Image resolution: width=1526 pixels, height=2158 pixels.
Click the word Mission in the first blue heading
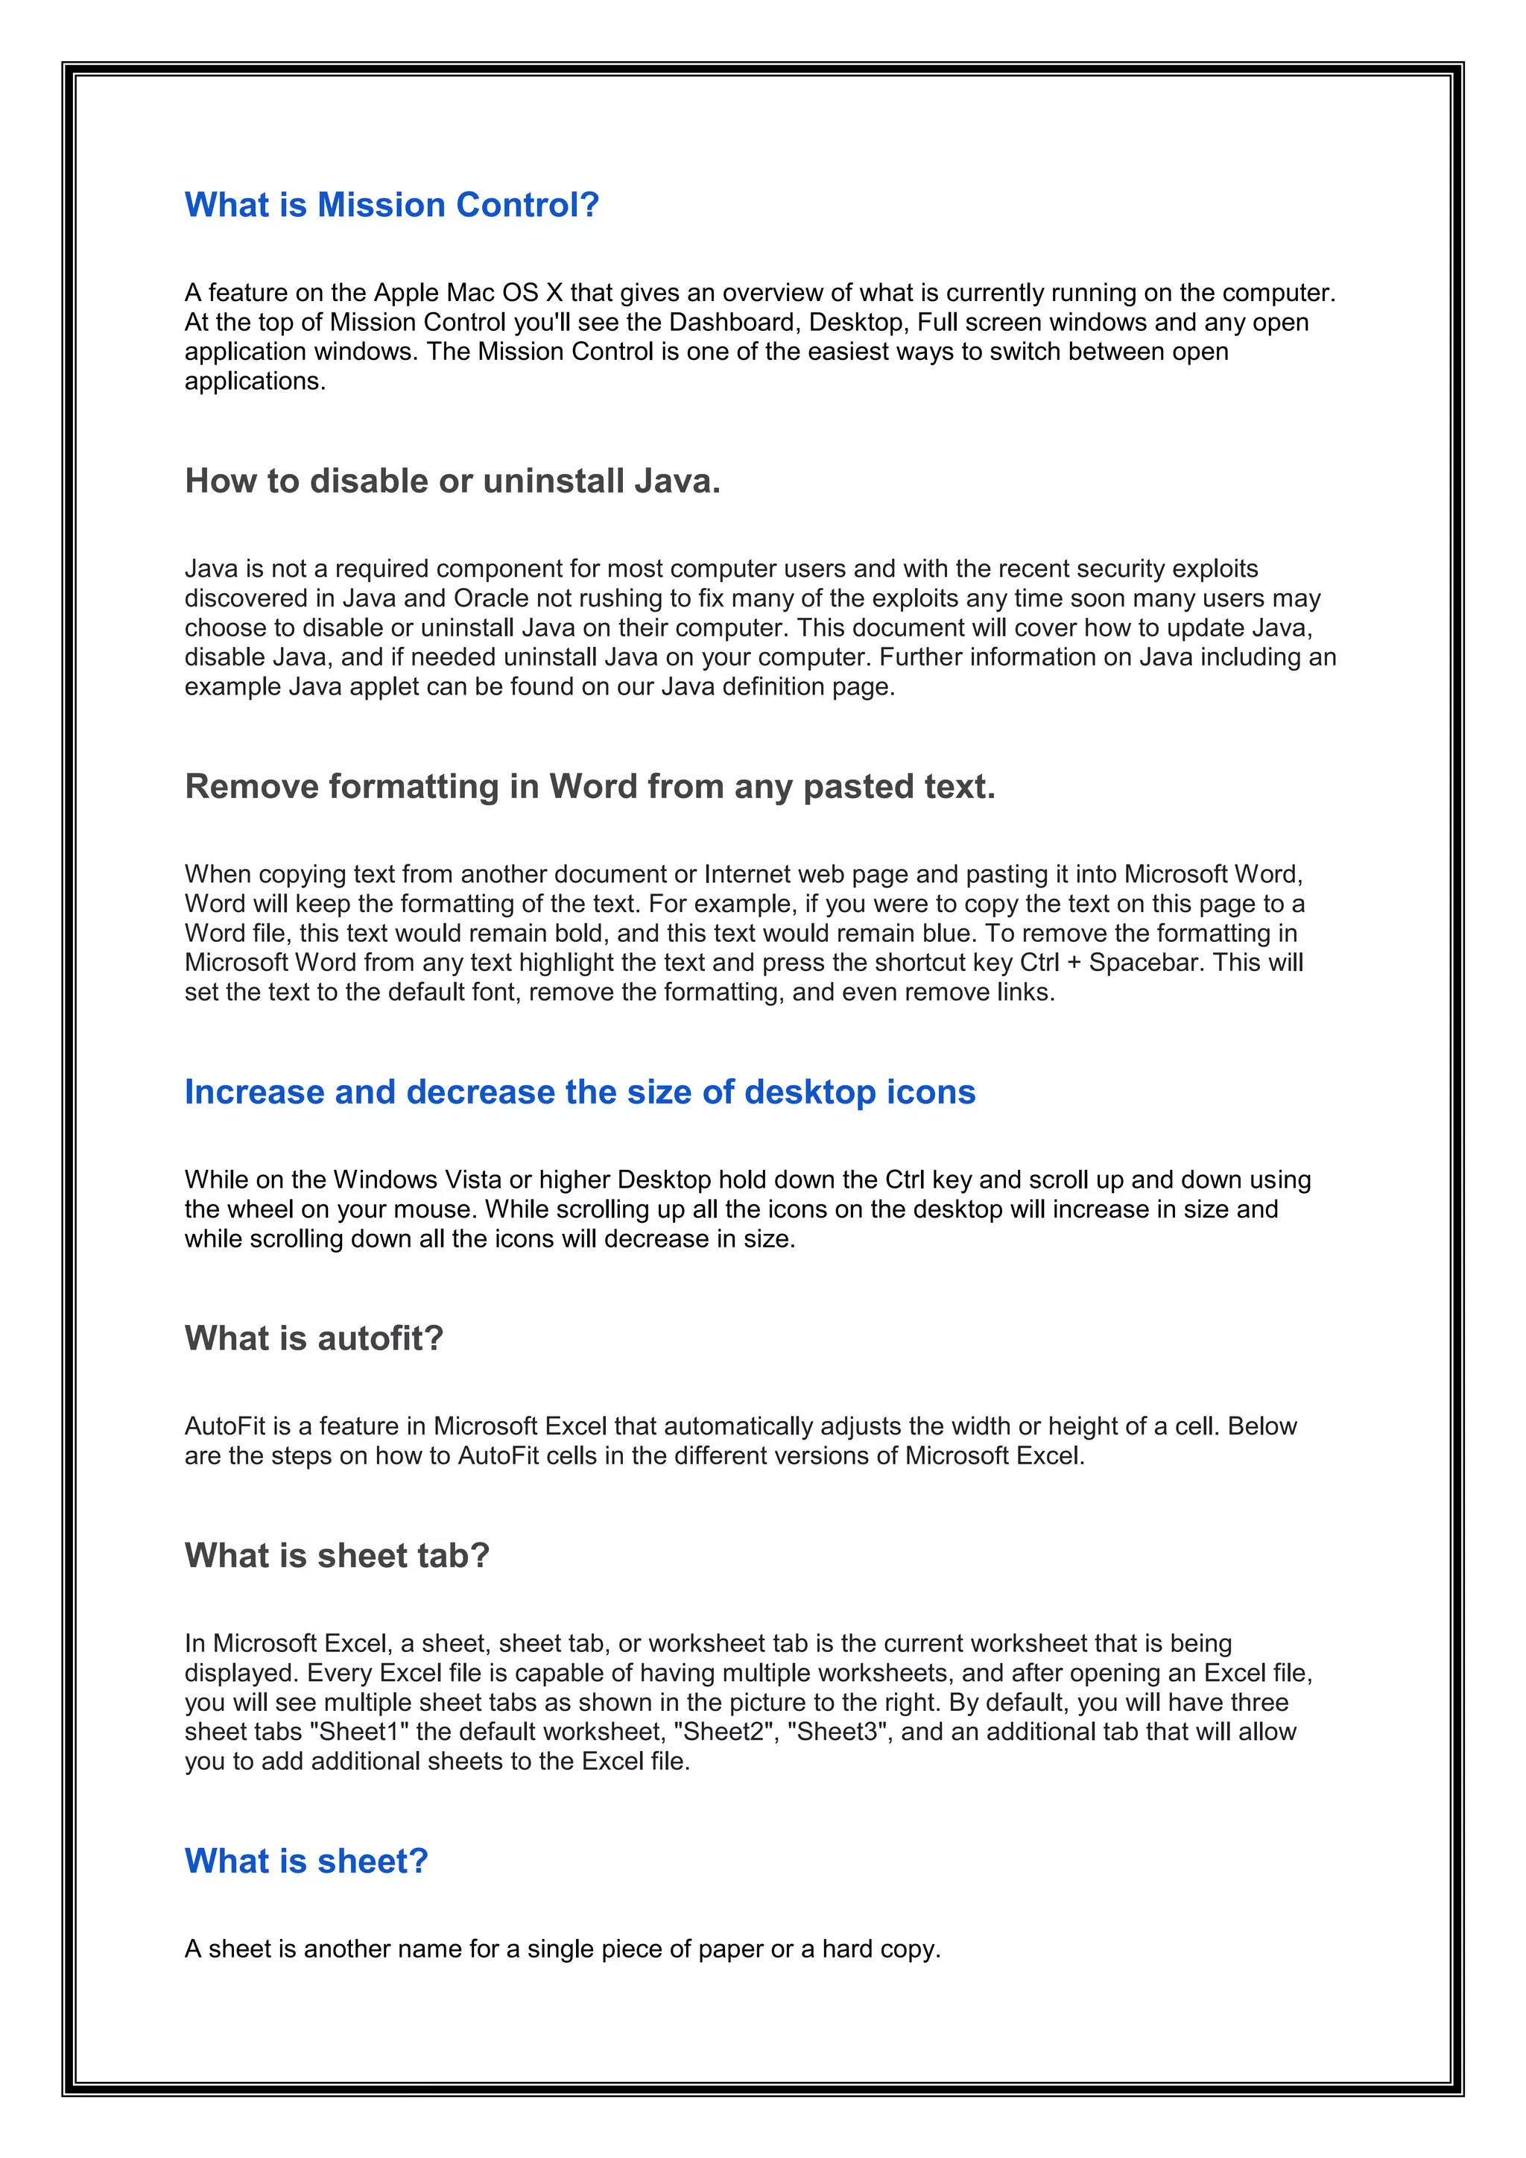tap(381, 205)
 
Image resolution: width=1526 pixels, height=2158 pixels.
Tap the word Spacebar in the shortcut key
tap(1145, 963)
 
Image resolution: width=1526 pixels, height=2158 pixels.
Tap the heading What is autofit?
tap(314, 1338)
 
